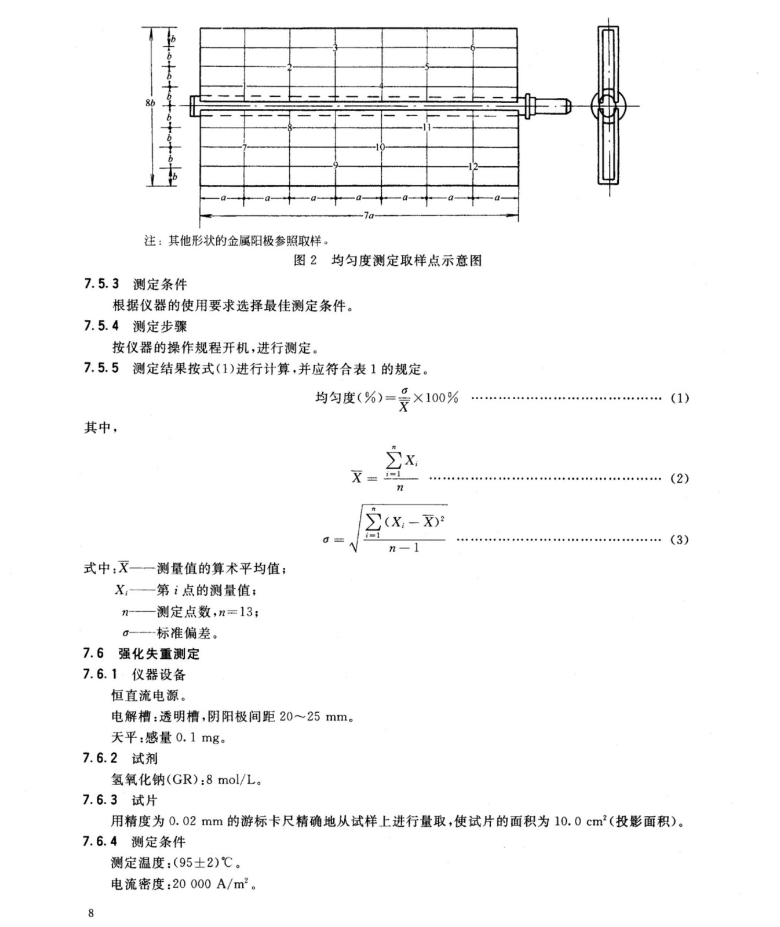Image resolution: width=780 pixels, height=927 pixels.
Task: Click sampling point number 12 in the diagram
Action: [473, 167]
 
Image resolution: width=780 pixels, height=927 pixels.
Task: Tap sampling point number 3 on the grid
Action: [335, 48]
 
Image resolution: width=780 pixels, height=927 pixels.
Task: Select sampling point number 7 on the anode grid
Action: [244, 147]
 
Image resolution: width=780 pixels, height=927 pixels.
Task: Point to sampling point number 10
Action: [380, 147]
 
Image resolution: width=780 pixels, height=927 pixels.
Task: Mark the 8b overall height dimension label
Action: [150, 103]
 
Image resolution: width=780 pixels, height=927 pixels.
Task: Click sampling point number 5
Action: [427, 67]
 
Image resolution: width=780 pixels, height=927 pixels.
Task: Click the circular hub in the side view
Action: [608, 106]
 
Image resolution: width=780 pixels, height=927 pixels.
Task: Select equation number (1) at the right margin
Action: [679, 398]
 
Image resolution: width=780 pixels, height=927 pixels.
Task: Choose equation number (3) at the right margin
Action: [679, 539]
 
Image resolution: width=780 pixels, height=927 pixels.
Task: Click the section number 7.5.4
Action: [101, 326]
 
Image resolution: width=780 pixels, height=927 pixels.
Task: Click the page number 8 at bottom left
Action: [90, 914]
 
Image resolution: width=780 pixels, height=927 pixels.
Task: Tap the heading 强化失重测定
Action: [159, 654]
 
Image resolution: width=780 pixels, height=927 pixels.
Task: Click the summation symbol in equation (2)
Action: [393, 462]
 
